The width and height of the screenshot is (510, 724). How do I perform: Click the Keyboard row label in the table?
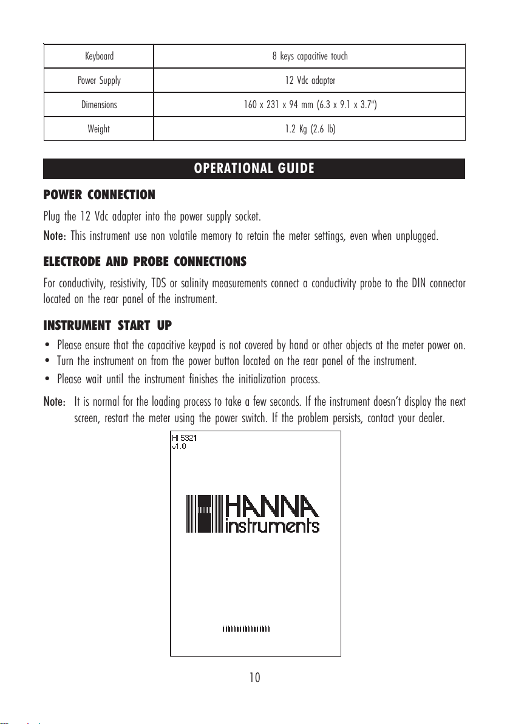pyautogui.click(x=99, y=56)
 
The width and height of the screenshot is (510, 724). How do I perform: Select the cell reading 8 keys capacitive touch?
pyautogui.click(x=310, y=56)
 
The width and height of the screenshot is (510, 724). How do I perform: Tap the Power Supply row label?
pyautogui.click(x=99, y=80)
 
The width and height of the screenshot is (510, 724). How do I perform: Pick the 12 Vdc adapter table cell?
pyautogui.click(x=310, y=80)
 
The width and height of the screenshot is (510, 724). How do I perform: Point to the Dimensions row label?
pyautogui.click(x=99, y=104)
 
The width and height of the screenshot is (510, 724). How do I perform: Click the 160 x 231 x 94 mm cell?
pyautogui.click(x=310, y=104)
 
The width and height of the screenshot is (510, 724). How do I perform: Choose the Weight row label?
pyautogui.click(x=99, y=129)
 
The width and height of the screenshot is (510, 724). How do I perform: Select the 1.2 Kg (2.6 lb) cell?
pyautogui.click(x=310, y=129)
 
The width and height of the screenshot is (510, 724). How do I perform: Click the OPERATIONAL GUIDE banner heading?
pyautogui.click(x=254, y=168)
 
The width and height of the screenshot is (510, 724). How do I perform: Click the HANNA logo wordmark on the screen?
pyautogui.click(x=271, y=506)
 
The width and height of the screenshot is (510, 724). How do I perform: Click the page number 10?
pyautogui.click(x=255, y=677)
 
